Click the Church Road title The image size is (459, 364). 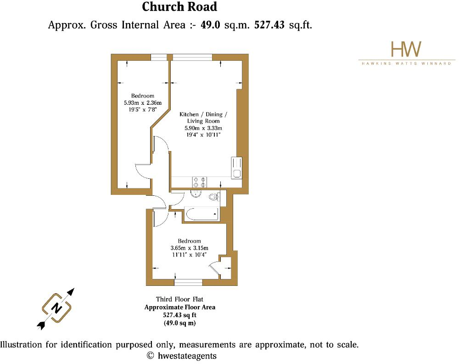click(x=179, y=7)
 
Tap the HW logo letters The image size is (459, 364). click(x=406, y=49)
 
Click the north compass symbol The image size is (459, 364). click(x=56, y=308)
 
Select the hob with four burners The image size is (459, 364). click(x=200, y=181)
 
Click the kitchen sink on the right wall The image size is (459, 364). click(x=237, y=168)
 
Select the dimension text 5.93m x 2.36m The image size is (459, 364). click(x=143, y=103)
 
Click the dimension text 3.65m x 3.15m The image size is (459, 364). click(x=189, y=248)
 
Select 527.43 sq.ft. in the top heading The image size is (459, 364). click(x=283, y=25)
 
